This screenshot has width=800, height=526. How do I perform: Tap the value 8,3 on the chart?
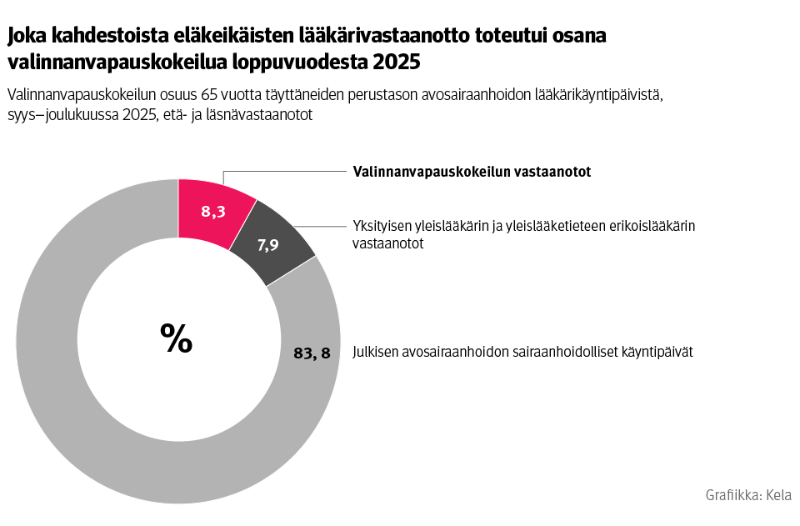213,212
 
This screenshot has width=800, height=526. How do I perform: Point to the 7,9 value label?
267,245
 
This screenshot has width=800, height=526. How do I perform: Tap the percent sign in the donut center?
177,337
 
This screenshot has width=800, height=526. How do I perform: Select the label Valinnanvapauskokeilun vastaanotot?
472,172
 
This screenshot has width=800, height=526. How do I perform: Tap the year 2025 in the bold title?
397,63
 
